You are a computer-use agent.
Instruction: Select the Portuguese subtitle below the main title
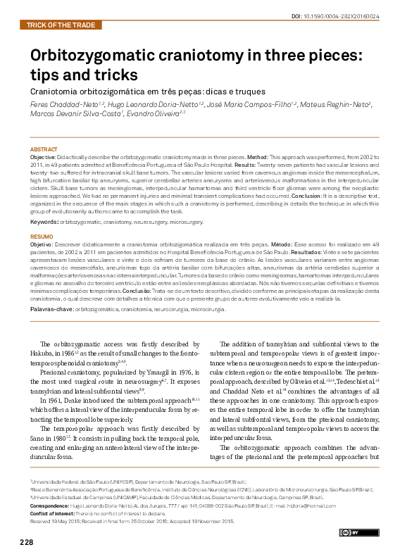147,91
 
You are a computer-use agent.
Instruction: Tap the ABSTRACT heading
44,149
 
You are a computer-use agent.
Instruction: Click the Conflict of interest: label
52,513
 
